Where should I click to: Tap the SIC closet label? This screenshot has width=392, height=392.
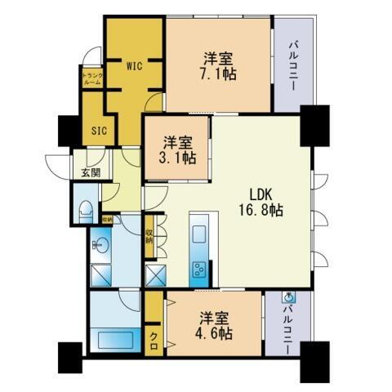click(x=99, y=130)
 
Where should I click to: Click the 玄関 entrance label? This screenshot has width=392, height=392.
click(x=90, y=172)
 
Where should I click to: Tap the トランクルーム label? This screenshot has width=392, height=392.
click(x=91, y=79)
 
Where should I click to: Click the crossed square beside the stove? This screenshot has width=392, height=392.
click(x=155, y=274)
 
